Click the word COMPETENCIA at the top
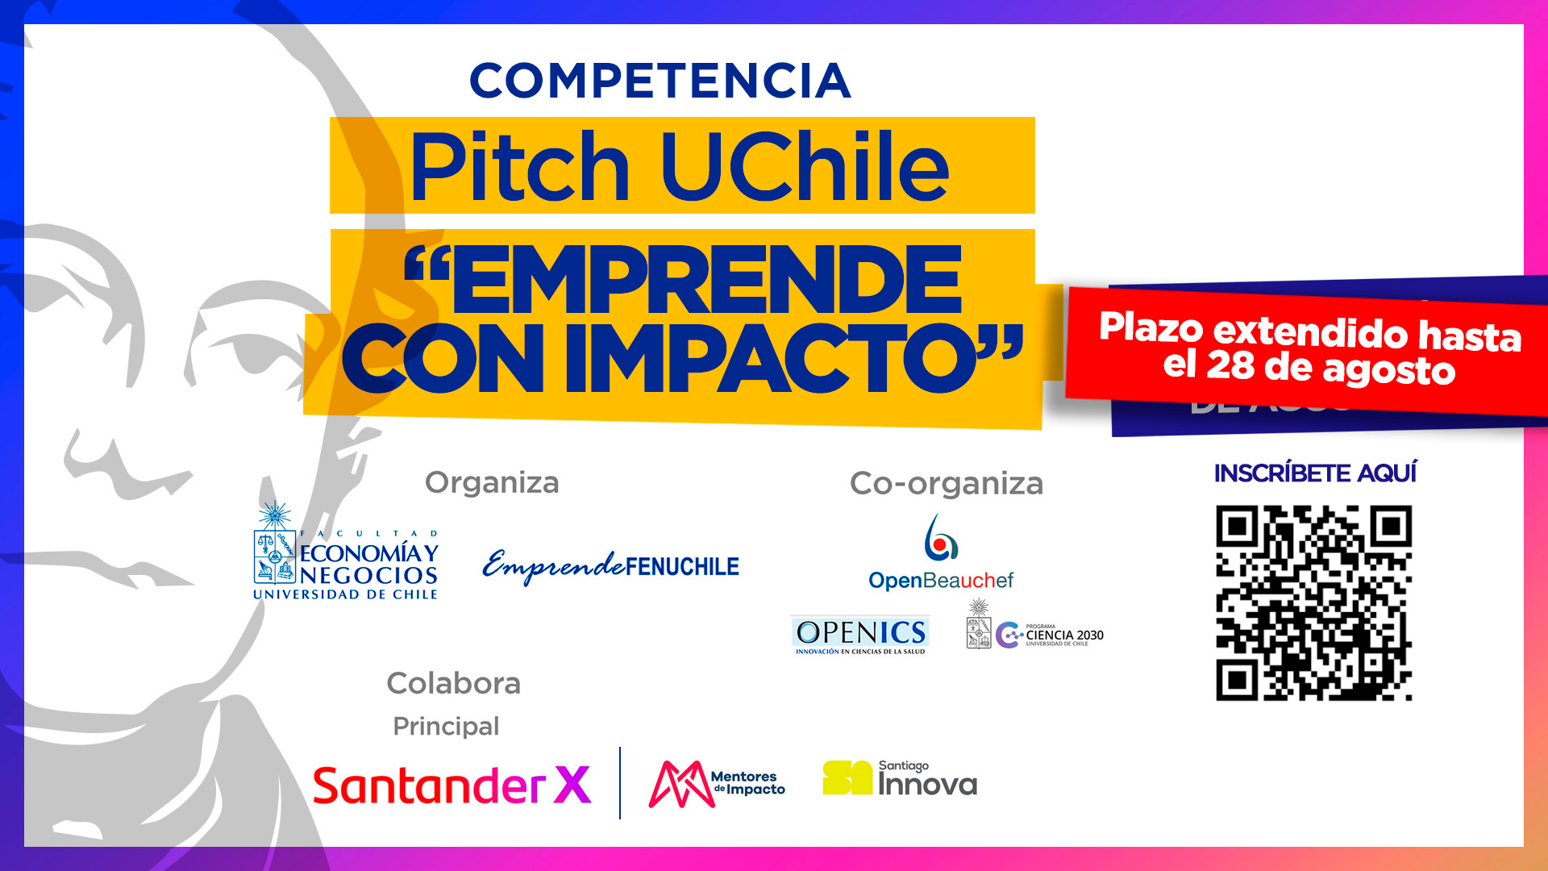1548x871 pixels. point(660,81)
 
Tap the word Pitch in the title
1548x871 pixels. point(518,166)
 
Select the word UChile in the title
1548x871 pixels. point(804,166)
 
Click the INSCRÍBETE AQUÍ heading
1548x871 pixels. point(1315,473)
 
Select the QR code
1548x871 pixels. point(1313,602)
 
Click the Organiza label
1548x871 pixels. point(492,482)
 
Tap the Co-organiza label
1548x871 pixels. point(946,483)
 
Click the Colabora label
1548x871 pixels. point(453,683)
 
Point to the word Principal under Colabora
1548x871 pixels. point(446,726)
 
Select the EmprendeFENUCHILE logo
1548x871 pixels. point(610,566)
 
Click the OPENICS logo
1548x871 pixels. point(860,635)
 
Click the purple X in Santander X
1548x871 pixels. point(572,785)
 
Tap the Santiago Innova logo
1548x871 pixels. point(899,779)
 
